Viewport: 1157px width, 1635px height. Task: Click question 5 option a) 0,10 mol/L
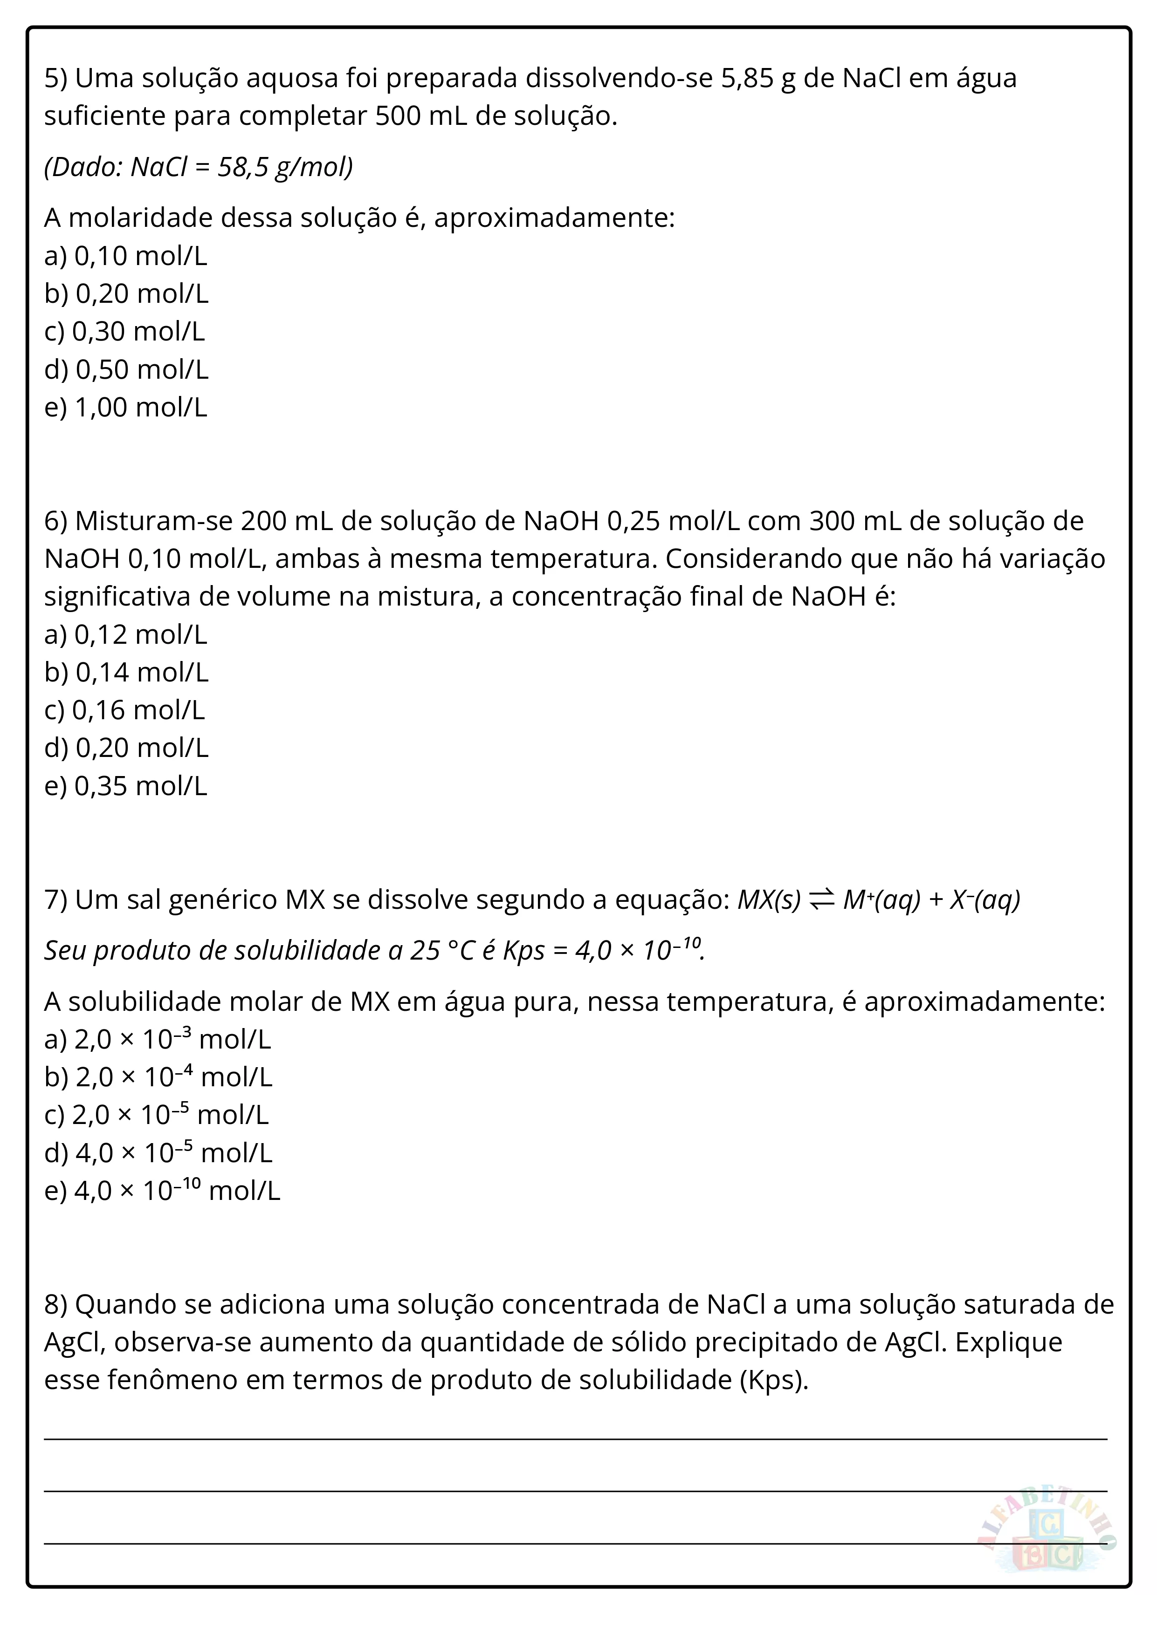(125, 256)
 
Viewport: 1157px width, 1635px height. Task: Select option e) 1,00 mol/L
(125, 407)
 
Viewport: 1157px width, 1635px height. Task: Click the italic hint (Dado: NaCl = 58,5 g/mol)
(198, 167)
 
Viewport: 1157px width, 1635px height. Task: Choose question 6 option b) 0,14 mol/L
(126, 672)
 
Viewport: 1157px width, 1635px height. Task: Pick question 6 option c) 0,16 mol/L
(124, 710)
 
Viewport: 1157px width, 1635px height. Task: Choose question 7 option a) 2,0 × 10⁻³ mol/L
(158, 1040)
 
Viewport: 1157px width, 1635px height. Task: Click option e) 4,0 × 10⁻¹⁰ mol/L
(162, 1191)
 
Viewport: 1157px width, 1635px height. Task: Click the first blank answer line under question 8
(576, 1438)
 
